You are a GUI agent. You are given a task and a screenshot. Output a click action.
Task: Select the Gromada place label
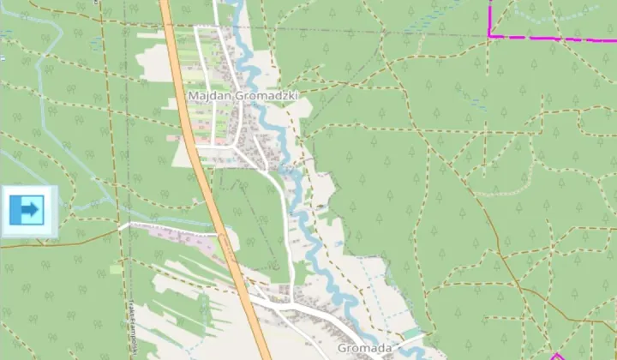[x=364, y=348]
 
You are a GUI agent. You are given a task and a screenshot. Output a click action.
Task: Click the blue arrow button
[x=28, y=208]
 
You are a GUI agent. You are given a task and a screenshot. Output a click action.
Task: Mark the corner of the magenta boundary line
[x=490, y=35]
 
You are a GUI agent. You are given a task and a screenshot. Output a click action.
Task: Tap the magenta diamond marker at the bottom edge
[x=556, y=355]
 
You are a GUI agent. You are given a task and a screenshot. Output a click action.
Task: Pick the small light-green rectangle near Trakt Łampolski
[x=116, y=269]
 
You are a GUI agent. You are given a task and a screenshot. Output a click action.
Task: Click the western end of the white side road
[x=121, y=226]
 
